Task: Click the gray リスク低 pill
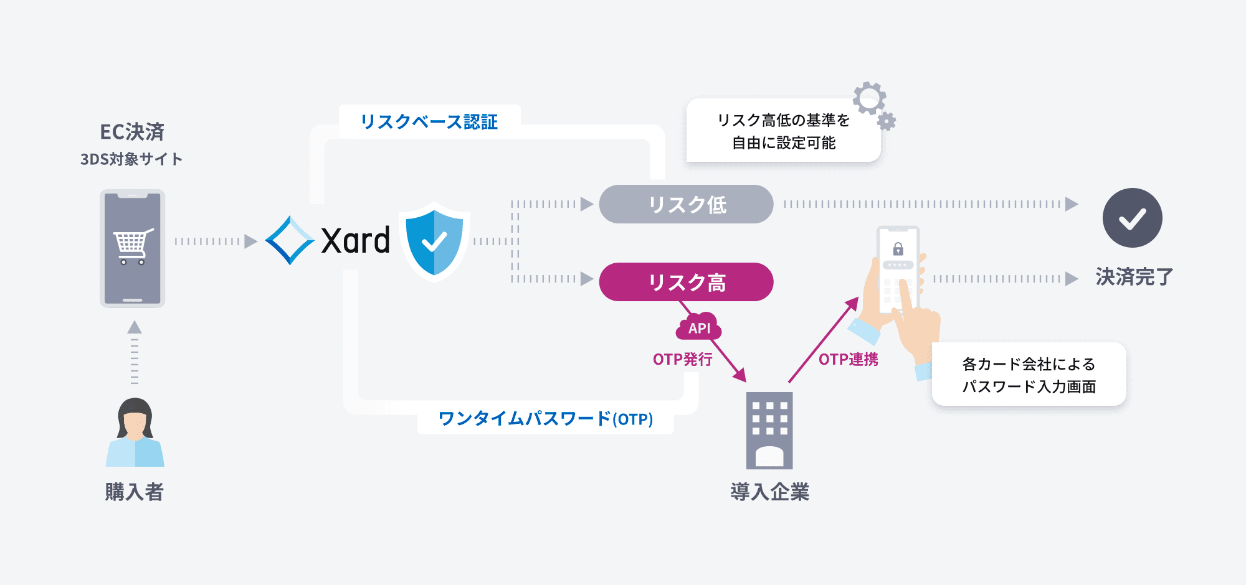[x=686, y=204]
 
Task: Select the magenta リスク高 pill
[x=686, y=282]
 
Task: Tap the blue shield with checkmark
[x=434, y=241]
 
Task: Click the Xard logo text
[x=355, y=241]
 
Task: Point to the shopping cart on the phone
[x=133, y=246]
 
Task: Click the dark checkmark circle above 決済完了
[x=1132, y=218]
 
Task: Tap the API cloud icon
[x=699, y=327]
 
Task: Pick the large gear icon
[x=869, y=98]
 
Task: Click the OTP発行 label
[x=682, y=359]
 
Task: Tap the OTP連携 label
[x=848, y=359]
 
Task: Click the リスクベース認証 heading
[x=429, y=121]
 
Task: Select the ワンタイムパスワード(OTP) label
[x=545, y=418]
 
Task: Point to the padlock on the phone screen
[x=898, y=249]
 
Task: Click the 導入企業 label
[x=769, y=492]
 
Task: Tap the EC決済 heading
[x=132, y=131]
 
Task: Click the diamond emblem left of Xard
[x=290, y=240]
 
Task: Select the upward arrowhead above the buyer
[x=135, y=327]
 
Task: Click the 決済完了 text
[x=1134, y=276]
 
